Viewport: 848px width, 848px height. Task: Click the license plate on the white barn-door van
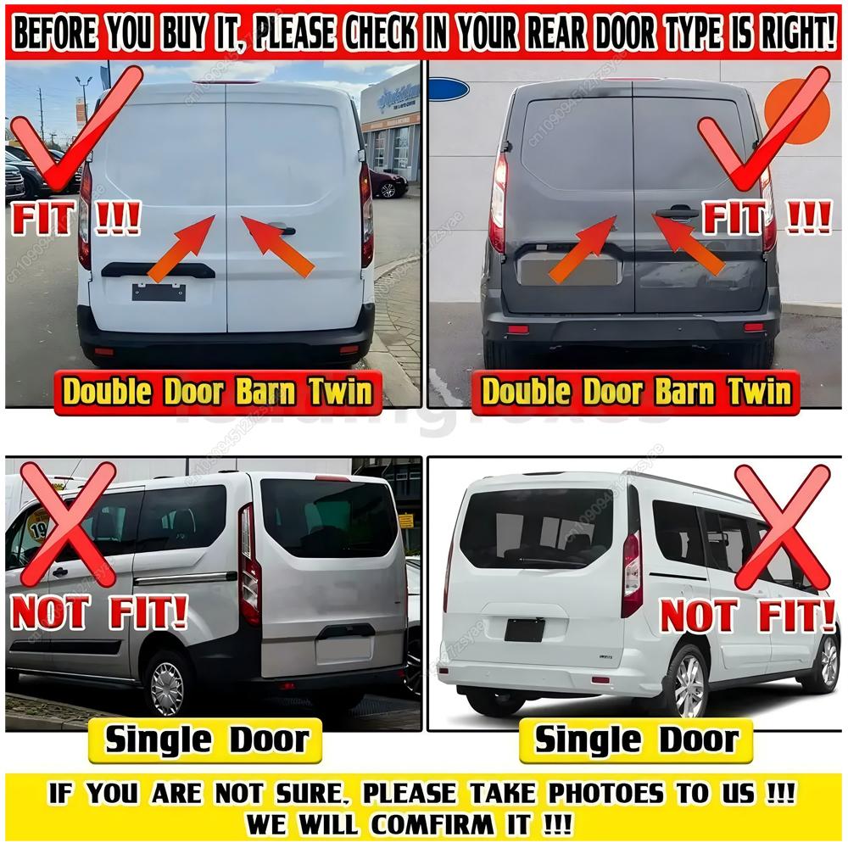pyautogui.click(x=159, y=292)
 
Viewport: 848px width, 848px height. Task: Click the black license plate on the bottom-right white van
pyautogui.click(x=524, y=629)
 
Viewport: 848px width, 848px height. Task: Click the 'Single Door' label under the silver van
pyautogui.click(x=205, y=740)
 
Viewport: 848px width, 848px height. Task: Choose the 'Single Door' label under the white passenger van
pyautogui.click(x=635, y=740)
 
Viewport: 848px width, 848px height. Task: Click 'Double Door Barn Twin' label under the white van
pyautogui.click(x=218, y=392)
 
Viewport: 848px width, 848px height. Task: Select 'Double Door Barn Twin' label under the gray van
pyautogui.click(x=636, y=392)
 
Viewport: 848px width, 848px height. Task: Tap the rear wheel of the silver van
pyautogui.click(x=167, y=687)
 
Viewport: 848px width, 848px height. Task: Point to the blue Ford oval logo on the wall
pyautogui.click(x=448, y=89)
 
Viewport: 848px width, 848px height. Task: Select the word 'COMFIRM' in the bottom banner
pyautogui.click(x=449, y=823)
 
